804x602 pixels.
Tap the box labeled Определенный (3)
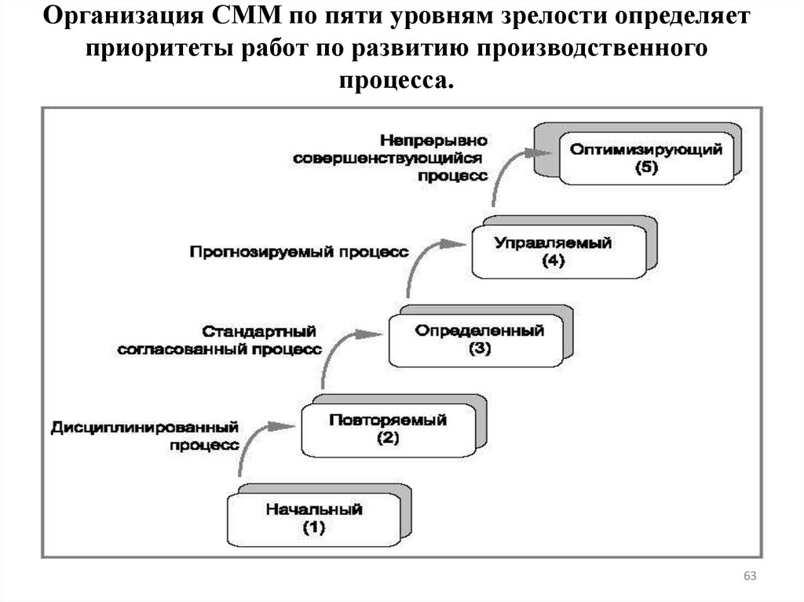coord(478,340)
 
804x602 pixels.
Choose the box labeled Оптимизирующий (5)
coord(645,158)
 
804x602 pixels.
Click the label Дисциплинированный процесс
coord(144,436)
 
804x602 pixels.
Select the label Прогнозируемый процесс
coord(298,252)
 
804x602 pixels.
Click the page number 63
coord(749,578)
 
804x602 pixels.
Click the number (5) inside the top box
coord(646,167)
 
